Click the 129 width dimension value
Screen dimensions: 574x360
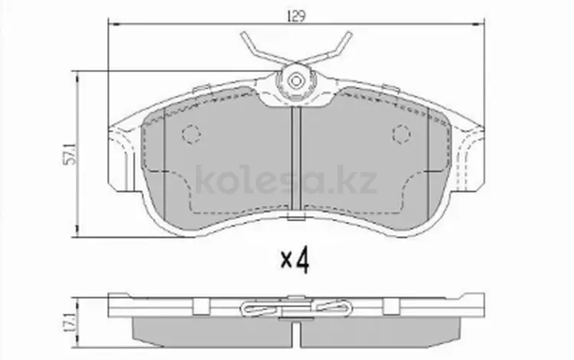tap(295, 17)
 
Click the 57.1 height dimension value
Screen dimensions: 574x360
tap(70, 154)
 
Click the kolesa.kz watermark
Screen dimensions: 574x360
tap(286, 180)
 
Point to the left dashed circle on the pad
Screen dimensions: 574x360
tap(191, 134)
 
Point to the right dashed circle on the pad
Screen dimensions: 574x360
tap(401, 134)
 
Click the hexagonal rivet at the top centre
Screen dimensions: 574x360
tap(295, 81)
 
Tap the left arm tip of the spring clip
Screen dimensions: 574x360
tap(244, 34)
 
